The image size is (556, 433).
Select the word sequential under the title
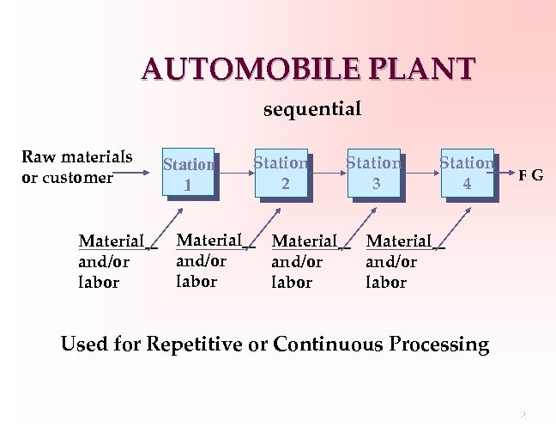[x=311, y=110]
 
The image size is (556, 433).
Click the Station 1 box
[x=188, y=174]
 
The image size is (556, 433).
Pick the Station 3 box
[x=374, y=172]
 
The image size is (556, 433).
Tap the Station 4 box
[x=468, y=172]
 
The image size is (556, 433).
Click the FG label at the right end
[x=529, y=175]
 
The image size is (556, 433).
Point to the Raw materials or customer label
[x=76, y=167]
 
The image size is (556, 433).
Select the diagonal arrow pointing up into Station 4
[x=455, y=225]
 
